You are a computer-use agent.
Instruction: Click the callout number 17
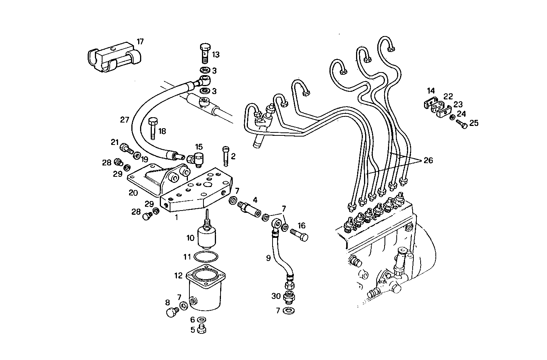140,41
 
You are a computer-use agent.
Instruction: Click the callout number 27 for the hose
125,120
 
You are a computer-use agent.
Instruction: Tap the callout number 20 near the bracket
133,193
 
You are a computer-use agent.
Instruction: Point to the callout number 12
179,276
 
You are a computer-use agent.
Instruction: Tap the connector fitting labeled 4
249,208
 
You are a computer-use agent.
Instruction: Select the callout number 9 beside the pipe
268,258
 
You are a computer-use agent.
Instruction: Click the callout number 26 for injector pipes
428,160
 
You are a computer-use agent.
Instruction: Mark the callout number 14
430,91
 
